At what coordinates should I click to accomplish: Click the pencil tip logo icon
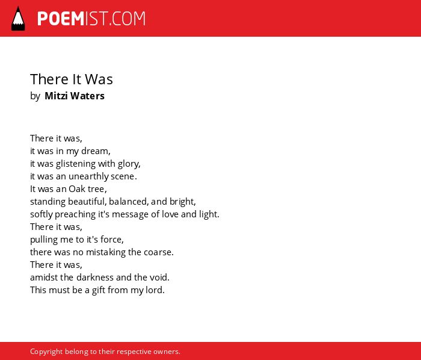point(18,19)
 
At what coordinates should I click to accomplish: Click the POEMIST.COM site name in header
point(91,19)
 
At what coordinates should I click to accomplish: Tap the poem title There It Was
point(72,79)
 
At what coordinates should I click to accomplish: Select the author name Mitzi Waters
point(75,96)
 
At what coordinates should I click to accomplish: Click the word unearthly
point(88,177)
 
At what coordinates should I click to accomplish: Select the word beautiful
point(87,202)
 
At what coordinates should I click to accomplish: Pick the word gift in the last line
point(99,290)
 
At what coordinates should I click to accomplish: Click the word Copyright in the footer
point(46,352)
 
